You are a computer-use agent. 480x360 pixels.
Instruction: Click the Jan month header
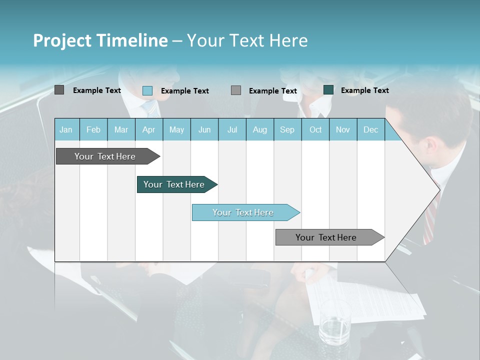[66, 130]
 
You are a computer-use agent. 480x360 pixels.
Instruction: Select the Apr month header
[148, 130]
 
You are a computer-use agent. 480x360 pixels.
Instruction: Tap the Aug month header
[259, 130]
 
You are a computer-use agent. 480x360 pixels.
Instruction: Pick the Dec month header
[370, 130]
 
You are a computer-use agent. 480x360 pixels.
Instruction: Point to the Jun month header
[204, 130]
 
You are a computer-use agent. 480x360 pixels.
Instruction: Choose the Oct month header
[315, 130]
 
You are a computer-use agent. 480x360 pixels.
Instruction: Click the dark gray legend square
[59, 90]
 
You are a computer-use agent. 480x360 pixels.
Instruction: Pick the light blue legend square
[147, 90]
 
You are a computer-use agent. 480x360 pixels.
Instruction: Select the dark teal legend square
[328, 90]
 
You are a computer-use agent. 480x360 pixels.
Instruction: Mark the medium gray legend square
[236, 90]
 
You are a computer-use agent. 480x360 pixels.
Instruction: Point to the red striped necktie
[431, 215]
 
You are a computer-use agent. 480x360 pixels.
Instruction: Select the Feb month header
[93, 130]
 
